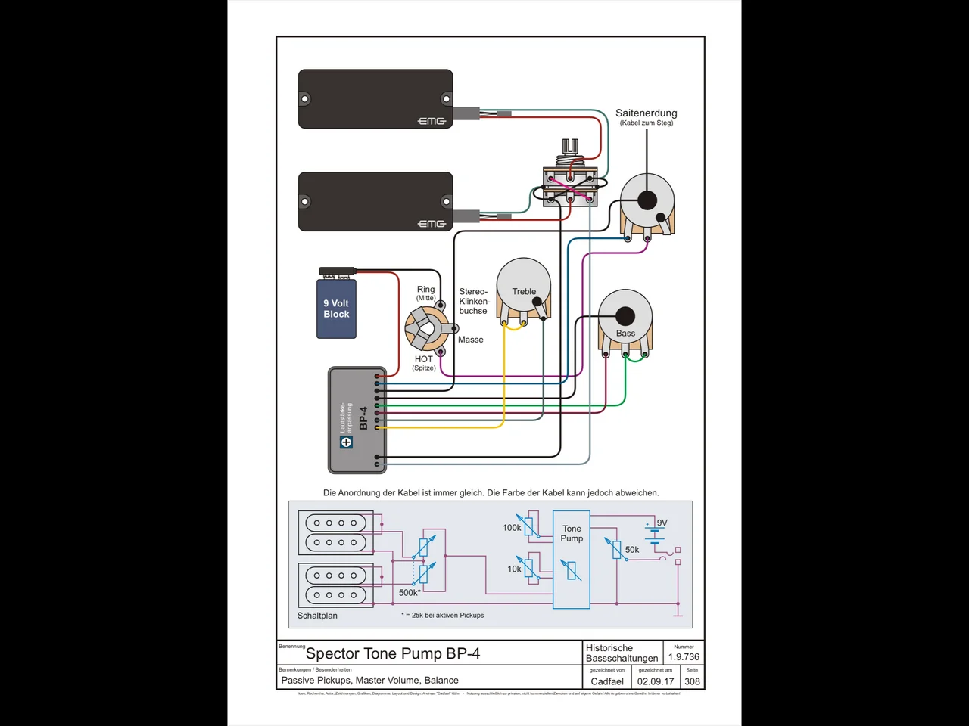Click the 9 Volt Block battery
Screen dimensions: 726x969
(x=336, y=309)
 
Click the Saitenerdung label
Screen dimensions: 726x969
(x=646, y=113)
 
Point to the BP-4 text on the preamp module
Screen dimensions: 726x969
(x=363, y=418)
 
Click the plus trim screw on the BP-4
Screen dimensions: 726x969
(x=346, y=442)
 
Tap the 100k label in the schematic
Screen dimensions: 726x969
(x=512, y=528)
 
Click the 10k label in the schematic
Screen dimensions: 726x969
(x=514, y=569)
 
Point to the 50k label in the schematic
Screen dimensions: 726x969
(x=632, y=550)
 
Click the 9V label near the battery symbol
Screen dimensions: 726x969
(x=662, y=523)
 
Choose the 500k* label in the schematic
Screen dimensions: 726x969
(x=410, y=593)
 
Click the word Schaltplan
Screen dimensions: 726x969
(x=317, y=616)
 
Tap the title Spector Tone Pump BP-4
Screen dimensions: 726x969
(x=393, y=654)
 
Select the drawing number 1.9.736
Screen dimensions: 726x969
(x=684, y=657)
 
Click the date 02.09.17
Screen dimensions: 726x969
(x=655, y=681)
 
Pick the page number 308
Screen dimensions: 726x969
(x=692, y=681)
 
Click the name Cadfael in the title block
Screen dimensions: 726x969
(x=607, y=681)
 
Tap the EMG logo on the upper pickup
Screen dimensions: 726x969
(x=432, y=121)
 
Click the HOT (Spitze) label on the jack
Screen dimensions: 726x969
(x=424, y=362)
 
